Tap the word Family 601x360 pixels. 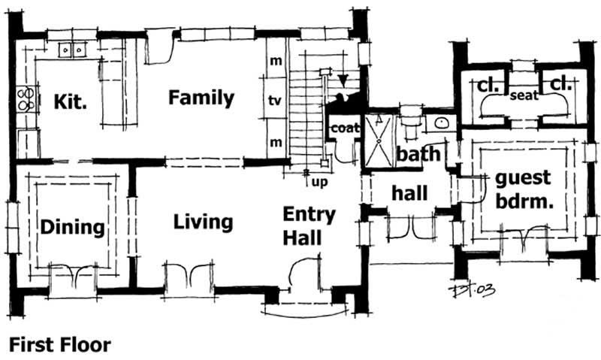click(x=201, y=98)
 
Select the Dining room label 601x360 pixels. click(x=71, y=227)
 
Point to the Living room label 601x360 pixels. click(x=203, y=222)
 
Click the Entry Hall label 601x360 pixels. click(x=303, y=226)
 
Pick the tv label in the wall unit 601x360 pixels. click(x=276, y=100)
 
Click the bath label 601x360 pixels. click(x=418, y=155)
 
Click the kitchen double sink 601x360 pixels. click(x=73, y=50)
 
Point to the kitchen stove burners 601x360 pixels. click(x=26, y=98)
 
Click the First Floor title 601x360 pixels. click(x=59, y=345)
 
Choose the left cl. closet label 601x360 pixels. click(x=484, y=86)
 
